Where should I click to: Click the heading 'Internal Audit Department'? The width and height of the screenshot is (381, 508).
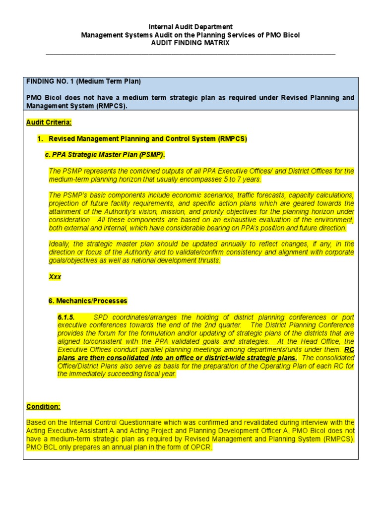pos(190,27)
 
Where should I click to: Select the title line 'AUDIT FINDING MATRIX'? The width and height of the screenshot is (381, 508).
pos(190,43)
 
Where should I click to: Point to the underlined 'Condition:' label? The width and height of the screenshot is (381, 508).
pos(43,406)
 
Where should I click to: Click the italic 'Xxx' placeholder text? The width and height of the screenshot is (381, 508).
pos(55,277)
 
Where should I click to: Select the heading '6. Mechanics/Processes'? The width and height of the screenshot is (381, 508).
pos(88,301)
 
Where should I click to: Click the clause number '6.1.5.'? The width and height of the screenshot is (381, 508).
pos(66,317)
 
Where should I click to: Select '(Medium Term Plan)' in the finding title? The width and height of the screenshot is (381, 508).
pos(109,81)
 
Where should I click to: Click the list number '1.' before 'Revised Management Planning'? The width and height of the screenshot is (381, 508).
pos(41,139)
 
